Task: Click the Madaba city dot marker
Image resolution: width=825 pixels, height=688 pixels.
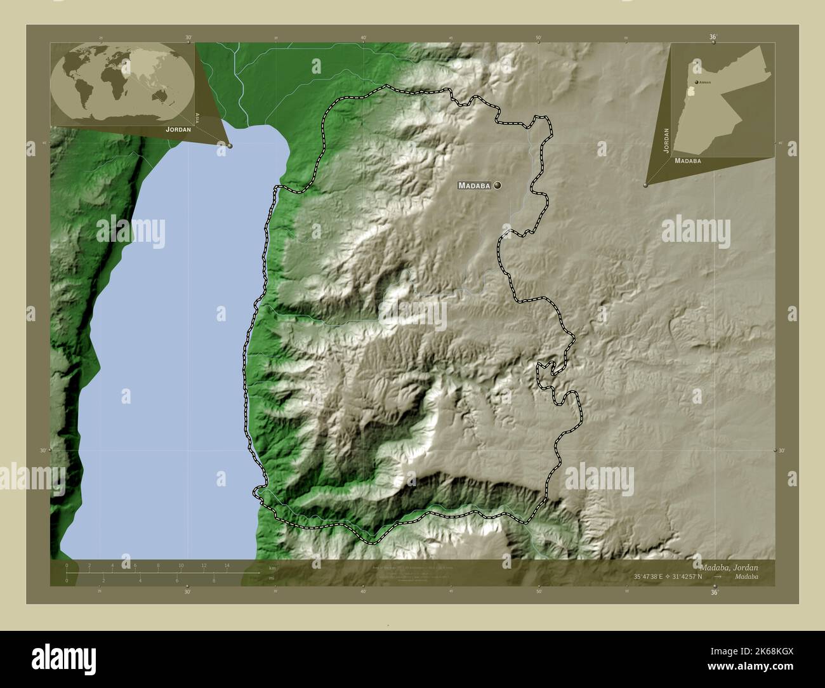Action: click(497, 185)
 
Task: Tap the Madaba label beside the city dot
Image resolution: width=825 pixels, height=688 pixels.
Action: click(474, 186)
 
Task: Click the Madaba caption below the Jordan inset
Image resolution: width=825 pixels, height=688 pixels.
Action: click(688, 161)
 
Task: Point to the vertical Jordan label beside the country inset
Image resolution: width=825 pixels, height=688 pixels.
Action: click(666, 140)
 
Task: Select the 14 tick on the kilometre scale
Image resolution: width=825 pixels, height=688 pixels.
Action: click(227, 565)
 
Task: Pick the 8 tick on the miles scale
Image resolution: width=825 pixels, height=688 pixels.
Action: click(213, 581)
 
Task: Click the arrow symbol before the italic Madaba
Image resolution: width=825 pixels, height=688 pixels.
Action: click(716, 577)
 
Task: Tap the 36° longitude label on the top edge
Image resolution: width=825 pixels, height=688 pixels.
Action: click(713, 37)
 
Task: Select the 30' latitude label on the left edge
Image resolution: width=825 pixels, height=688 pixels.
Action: click(44, 450)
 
